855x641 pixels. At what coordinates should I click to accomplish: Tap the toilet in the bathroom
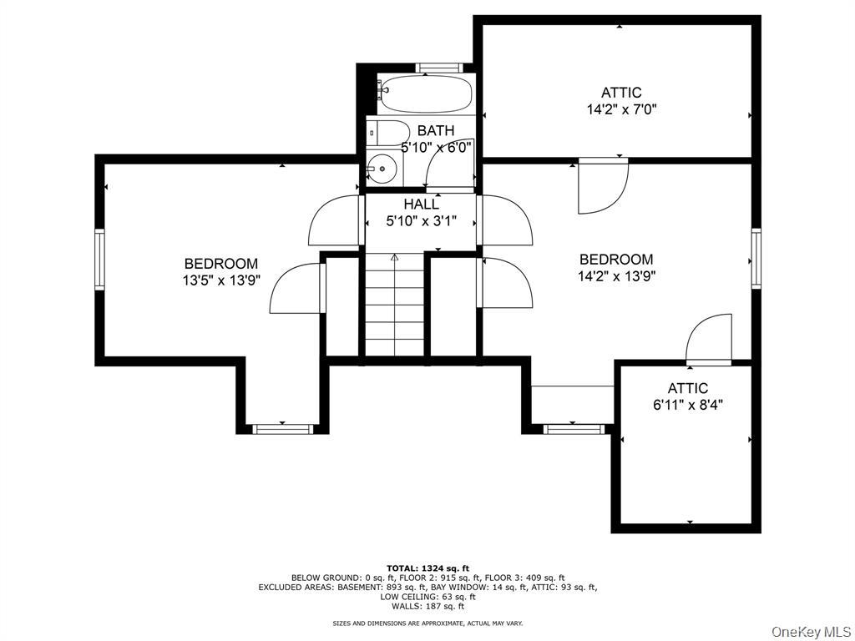click(387, 132)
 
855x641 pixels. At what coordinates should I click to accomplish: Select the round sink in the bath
click(382, 169)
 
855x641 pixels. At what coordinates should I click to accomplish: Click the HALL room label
click(421, 204)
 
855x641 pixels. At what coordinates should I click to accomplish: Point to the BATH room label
click(436, 130)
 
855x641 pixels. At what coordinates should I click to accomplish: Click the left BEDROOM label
click(221, 264)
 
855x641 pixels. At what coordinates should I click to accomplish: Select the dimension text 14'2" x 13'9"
click(616, 276)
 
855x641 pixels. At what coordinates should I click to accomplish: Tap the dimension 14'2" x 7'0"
click(621, 109)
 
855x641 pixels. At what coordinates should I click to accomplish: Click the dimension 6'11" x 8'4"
click(687, 406)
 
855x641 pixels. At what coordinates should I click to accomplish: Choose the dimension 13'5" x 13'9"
click(221, 281)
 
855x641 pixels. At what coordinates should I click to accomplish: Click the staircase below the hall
click(395, 309)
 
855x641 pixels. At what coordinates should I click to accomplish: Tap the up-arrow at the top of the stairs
click(395, 259)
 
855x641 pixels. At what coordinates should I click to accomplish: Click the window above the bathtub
click(439, 68)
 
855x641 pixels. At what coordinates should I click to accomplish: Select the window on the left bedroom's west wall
click(99, 260)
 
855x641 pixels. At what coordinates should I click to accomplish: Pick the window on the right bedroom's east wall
click(756, 258)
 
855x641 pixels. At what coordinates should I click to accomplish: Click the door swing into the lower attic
click(710, 339)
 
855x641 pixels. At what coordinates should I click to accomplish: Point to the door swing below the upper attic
click(601, 185)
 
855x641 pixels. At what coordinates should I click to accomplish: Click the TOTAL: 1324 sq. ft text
click(427, 568)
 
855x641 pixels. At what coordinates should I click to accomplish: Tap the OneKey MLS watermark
click(811, 631)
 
